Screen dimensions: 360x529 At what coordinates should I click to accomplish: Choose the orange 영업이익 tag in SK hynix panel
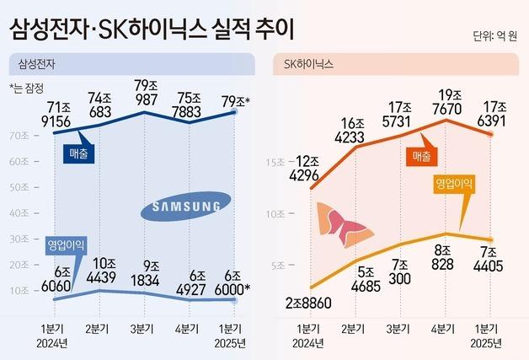pos(455,183)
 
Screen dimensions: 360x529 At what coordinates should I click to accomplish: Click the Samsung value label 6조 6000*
pos(232,282)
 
